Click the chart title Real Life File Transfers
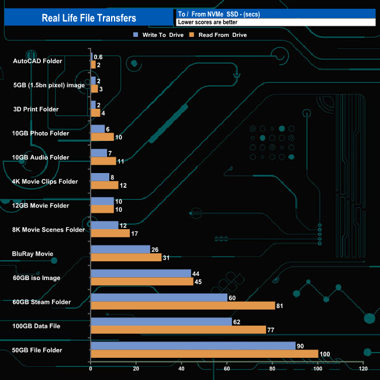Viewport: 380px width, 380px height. click(x=89, y=18)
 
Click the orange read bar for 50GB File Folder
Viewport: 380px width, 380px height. click(x=204, y=354)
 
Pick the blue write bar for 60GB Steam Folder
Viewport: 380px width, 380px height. click(x=159, y=298)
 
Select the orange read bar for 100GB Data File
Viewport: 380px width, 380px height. click(x=178, y=330)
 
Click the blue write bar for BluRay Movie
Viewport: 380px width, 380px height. click(x=120, y=249)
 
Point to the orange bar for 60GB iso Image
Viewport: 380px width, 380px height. click(x=142, y=281)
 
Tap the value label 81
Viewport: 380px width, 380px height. click(x=282, y=306)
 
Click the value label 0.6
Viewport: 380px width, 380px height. click(x=98, y=57)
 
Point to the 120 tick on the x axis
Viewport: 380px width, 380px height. click(x=364, y=369)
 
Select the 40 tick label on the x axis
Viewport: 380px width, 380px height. click(x=182, y=369)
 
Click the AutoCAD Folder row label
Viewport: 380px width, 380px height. click(x=37, y=61)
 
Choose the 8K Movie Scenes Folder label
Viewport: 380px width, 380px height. click(x=49, y=230)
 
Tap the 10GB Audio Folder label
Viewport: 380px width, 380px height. click(x=40, y=157)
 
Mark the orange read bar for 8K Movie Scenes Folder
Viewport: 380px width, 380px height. click(x=110, y=233)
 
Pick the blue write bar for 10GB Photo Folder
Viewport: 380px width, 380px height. click(x=98, y=129)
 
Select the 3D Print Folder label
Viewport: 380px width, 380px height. click(x=36, y=109)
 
